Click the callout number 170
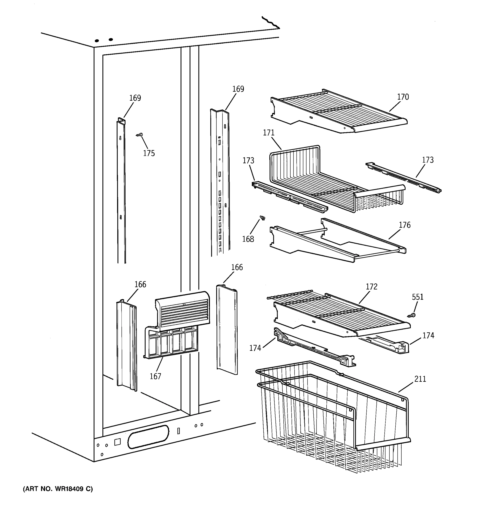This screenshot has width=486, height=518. coord(403,97)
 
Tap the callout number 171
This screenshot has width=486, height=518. coord(268,133)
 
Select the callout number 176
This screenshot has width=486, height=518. coord(404,225)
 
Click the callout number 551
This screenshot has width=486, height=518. coord(418,297)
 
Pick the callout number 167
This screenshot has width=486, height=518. coord(155,376)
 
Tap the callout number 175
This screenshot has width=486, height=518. coord(149,153)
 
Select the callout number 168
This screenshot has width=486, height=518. coord(248,239)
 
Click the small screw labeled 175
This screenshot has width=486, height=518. coord(140,135)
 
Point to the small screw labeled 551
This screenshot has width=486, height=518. coord(411,316)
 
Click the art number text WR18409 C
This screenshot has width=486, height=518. coord(58,489)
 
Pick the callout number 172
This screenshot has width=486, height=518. coord(371,287)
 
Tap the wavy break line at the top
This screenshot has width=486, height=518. coord(271,22)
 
